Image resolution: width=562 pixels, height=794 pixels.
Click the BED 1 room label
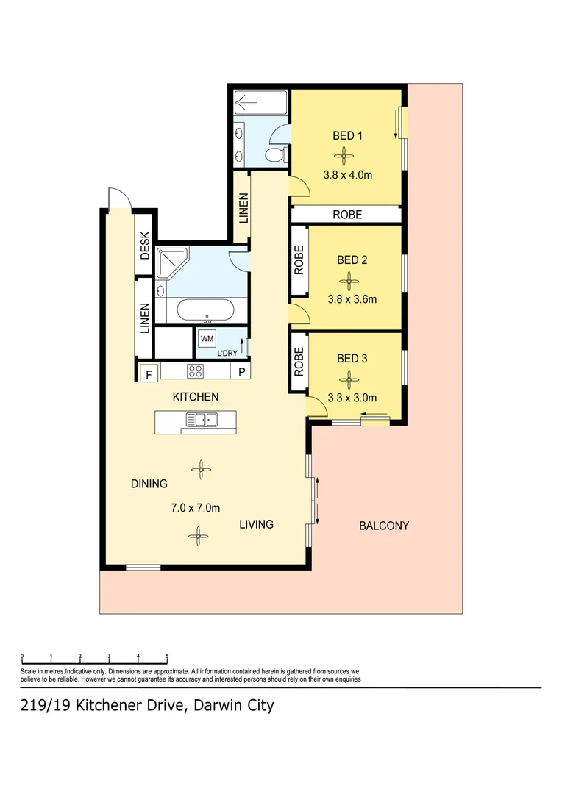point(348,135)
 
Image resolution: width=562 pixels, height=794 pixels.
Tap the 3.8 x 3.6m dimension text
point(351,299)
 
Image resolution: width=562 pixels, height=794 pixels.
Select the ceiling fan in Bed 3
point(348,379)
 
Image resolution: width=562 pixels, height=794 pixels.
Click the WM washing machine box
point(207,339)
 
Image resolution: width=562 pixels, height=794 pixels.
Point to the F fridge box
point(148,373)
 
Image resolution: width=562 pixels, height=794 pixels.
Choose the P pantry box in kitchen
point(241,373)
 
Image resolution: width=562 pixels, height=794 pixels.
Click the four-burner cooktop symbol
point(196,372)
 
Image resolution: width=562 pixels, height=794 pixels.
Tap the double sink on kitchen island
point(201,420)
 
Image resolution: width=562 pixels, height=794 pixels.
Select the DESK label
point(145,246)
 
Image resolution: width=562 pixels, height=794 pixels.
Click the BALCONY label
point(383,526)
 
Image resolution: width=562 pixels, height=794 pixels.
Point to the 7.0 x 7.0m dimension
point(196,508)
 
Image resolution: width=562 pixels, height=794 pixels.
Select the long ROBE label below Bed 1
point(347,215)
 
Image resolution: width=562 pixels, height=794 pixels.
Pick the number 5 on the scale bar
point(167,657)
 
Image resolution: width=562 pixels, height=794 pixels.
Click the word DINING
point(149,484)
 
